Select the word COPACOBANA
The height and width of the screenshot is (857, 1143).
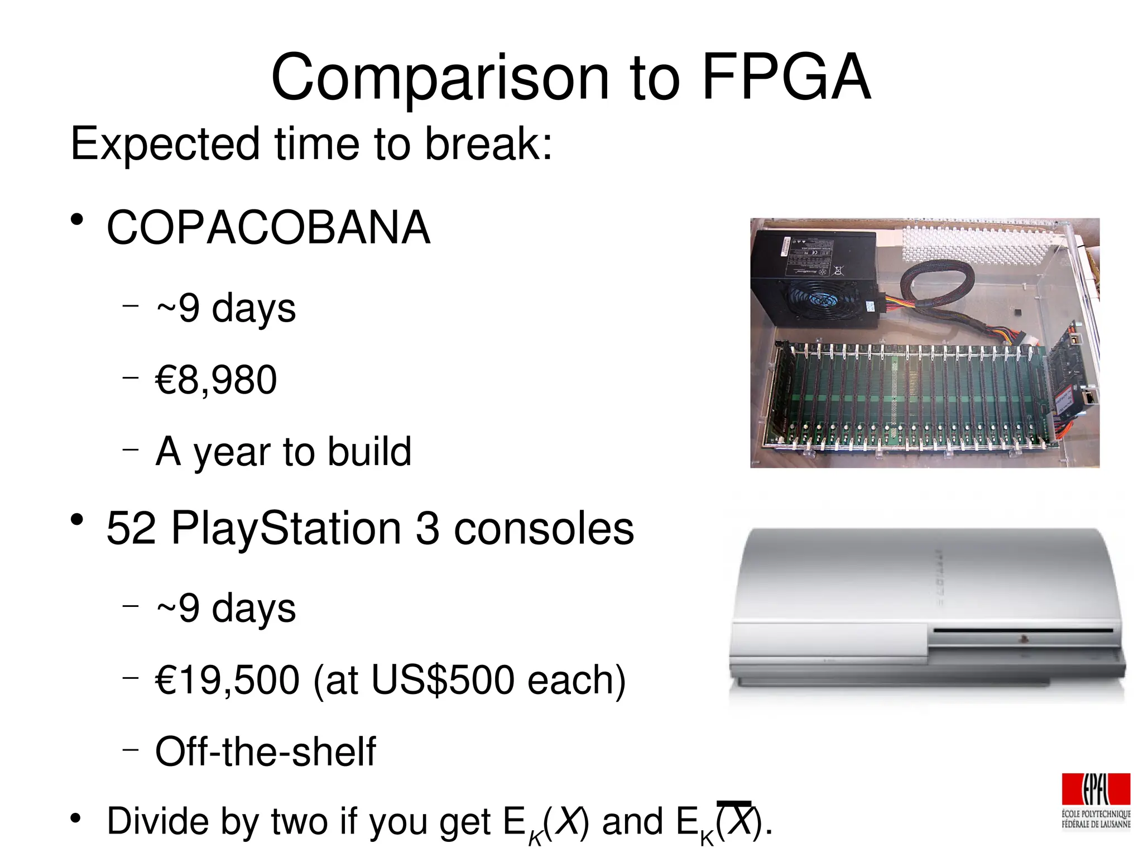268,228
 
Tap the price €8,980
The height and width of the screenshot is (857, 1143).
216,380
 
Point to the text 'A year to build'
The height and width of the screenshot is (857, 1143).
284,451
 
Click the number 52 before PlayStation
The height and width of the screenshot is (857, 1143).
131,528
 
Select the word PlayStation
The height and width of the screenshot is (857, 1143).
286,528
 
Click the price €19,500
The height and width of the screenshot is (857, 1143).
227,680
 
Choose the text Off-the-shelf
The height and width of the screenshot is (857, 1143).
266,751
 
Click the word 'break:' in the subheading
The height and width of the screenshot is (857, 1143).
488,144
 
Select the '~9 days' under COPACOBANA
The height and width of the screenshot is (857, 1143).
226,308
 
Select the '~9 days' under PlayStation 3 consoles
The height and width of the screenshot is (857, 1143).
226,608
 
